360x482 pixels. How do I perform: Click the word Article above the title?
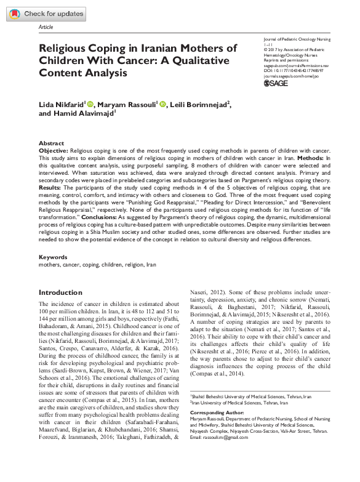point(46,28)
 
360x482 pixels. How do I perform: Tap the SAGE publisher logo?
point(276,82)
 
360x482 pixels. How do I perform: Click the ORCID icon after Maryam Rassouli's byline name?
point(162,104)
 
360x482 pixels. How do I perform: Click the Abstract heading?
point(52,142)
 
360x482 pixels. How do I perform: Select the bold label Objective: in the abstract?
point(54,150)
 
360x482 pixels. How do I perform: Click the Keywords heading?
point(53,257)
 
